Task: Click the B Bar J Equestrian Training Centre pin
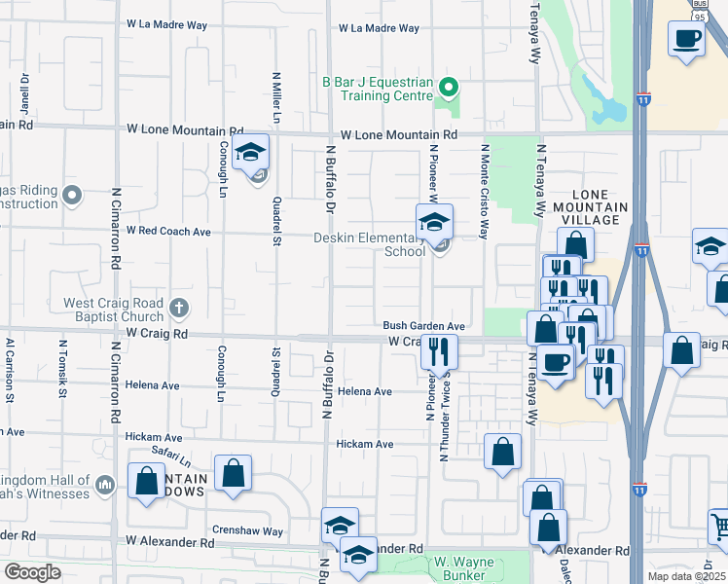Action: point(448,87)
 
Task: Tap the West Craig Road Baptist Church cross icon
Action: point(177,309)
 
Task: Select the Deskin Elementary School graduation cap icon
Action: point(434,222)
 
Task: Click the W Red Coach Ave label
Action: point(168,232)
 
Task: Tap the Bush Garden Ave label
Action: point(424,326)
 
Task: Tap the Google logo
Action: point(32,572)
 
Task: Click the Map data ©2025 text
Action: point(687,576)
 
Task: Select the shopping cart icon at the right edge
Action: point(721,527)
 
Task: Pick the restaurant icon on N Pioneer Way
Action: point(439,352)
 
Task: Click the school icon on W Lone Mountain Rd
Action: point(250,154)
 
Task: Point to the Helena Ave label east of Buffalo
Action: point(364,391)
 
